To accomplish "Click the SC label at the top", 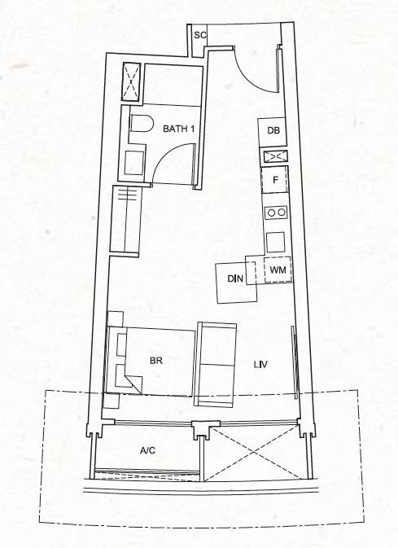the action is click(x=200, y=35).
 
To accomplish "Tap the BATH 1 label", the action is click(x=178, y=129).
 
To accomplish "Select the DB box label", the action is click(x=273, y=131).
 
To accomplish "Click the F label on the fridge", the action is click(x=275, y=180).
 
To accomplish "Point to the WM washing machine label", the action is click(x=278, y=270).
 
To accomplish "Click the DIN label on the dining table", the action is click(x=235, y=278).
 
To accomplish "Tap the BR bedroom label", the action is click(x=156, y=361).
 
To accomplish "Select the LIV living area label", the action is click(x=260, y=365).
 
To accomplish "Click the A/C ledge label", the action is click(x=147, y=450).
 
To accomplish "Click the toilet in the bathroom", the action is click(x=142, y=124).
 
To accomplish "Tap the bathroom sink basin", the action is click(x=134, y=163).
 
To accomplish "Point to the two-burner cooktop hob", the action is click(x=276, y=213).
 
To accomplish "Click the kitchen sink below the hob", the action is click(x=275, y=242).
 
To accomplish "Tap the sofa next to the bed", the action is click(x=215, y=365).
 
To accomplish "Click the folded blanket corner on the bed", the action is click(x=133, y=384).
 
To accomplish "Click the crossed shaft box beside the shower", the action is click(x=131, y=81).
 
